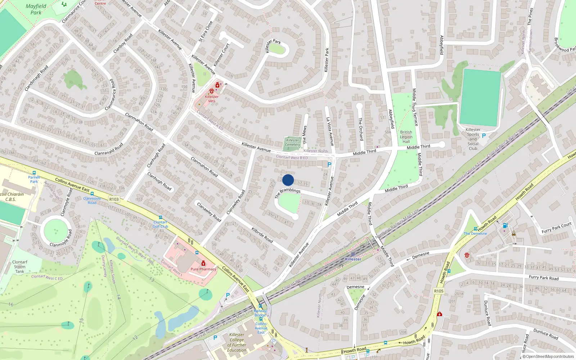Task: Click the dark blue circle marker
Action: click(x=288, y=180)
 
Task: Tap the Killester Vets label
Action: click(x=212, y=99)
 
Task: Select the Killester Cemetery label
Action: click(x=293, y=143)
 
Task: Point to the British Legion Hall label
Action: click(x=406, y=137)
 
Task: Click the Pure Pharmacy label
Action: click(x=203, y=269)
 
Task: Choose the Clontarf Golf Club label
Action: click(x=161, y=224)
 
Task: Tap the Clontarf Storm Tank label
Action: click(x=20, y=267)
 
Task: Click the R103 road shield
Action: click(x=114, y=199)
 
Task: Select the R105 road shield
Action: click(x=439, y=291)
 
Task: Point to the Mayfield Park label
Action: click(x=36, y=9)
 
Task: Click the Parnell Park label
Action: click(x=34, y=179)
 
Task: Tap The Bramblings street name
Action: click(x=287, y=193)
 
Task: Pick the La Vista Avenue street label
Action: click(x=330, y=131)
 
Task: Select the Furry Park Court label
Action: click(x=557, y=228)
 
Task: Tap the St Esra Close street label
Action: click(x=206, y=31)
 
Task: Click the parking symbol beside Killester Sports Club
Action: click(x=484, y=136)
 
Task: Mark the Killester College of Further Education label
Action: click(x=237, y=342)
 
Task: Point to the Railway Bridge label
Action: click(x=260, y=313)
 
